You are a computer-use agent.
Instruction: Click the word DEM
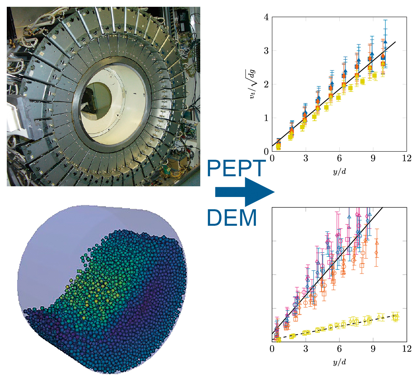232,218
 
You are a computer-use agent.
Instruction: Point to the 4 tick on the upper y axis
267,17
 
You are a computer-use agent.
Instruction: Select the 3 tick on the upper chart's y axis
267,50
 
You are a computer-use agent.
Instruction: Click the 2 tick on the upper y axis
267,84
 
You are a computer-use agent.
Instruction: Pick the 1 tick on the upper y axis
267,118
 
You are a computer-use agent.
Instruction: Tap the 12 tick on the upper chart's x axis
407,158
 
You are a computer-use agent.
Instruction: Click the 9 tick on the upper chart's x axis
373,158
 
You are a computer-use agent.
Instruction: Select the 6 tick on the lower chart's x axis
339,349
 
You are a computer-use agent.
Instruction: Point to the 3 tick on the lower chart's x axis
306,349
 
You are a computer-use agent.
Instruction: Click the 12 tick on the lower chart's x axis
407,349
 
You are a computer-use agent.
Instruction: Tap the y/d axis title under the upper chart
339,171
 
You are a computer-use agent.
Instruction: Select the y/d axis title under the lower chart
339,362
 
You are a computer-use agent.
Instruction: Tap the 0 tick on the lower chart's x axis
272,349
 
